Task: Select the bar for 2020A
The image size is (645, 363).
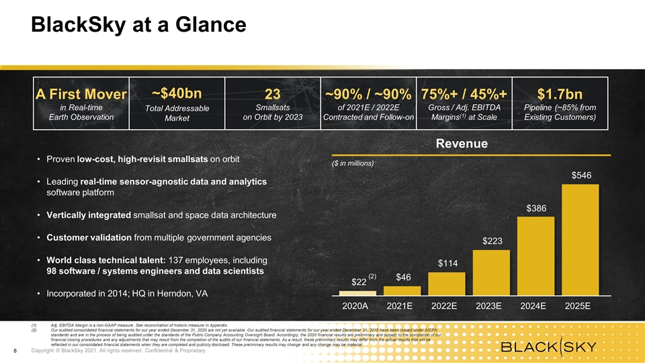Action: click(357, 293)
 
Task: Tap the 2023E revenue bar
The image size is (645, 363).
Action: click(490, 273)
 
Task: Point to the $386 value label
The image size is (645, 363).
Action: click(535, 208)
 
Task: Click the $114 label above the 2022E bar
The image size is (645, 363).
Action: click(446, 264)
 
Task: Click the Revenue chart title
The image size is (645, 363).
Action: click(462, 143)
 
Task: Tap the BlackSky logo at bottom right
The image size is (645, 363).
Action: click(550, 347)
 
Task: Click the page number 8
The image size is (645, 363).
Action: click(15, 351)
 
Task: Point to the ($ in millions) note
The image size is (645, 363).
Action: click(353, 163)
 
